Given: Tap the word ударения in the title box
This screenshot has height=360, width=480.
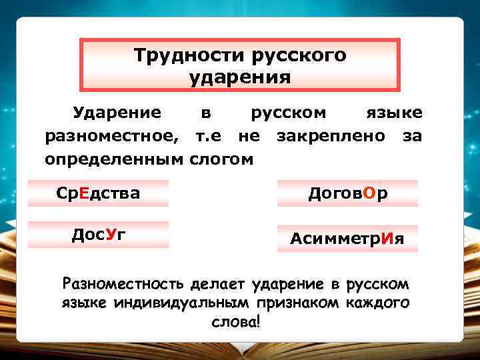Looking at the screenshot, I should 240,77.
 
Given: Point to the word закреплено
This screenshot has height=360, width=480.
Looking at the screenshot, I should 331,136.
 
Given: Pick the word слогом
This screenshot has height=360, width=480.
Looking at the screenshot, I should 222,159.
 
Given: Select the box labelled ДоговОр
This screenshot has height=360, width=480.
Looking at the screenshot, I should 347,193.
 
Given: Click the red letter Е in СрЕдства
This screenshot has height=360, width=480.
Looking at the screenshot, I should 83,193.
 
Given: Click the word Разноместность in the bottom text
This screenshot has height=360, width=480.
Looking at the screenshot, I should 123,285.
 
